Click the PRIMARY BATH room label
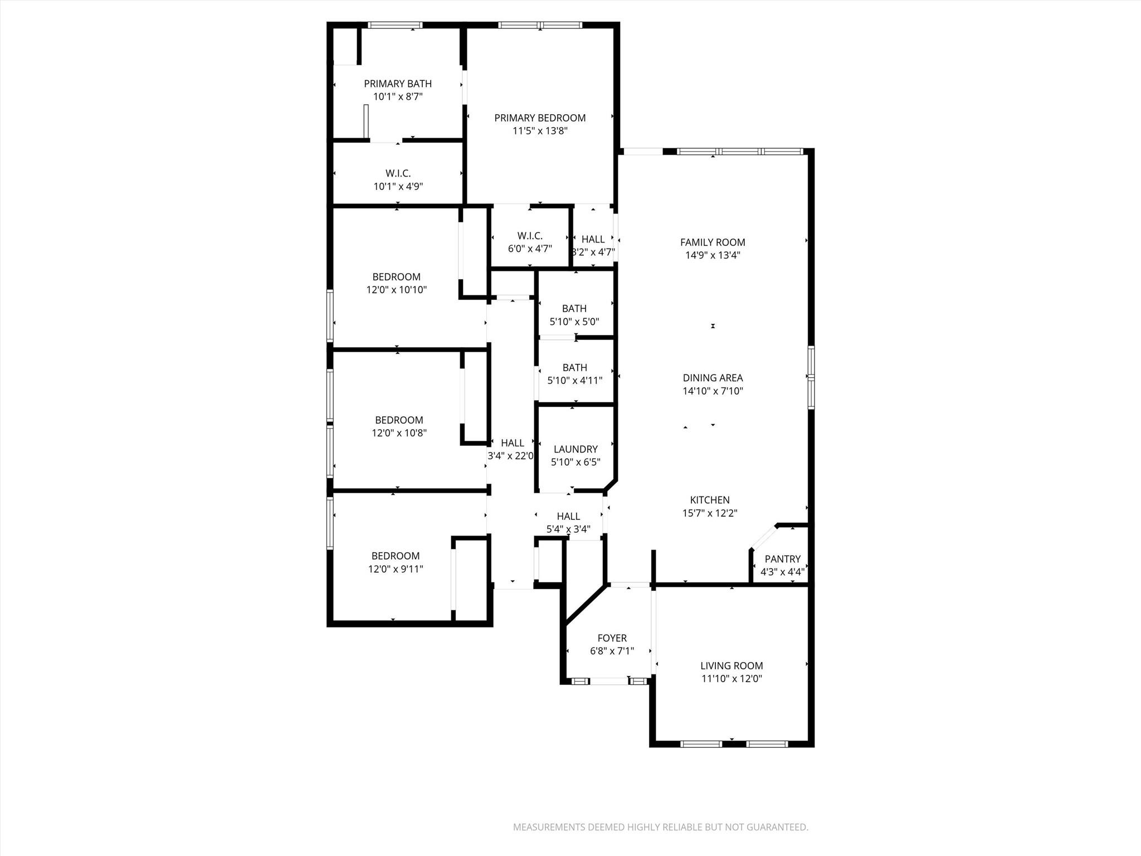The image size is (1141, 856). [x=397, y=84]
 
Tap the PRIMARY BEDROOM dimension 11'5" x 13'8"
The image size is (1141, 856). [x=540, y=131]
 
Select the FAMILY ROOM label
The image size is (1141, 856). [x=713, y=242]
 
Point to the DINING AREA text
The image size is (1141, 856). [x=713, y=378]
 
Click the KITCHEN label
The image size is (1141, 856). [x=709, y=500]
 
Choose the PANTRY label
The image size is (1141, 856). [x=782, y=559]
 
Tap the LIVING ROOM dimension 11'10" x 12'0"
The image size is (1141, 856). [x=732, y=679]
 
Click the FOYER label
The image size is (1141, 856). [x=612, y=638]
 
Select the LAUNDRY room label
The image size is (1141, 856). [x=576, y=449]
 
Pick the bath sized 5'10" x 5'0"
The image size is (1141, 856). [x=574, y=315]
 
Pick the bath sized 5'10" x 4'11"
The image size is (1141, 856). [x=574, y=374]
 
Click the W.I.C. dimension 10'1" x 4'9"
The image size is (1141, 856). [x=398, y=187]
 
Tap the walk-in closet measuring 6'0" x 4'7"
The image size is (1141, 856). [x=529, y=242]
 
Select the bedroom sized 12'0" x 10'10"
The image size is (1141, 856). [x=396, y=283]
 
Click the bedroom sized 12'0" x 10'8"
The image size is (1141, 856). [x=399, y=426]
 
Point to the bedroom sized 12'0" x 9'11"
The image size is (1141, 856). [x=395, y=562]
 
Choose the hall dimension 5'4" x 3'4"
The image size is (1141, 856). [x=568, y=529]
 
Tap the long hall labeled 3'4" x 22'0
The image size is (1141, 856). [x=511, y=449]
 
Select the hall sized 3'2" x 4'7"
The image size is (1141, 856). [x=593, y=245]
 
